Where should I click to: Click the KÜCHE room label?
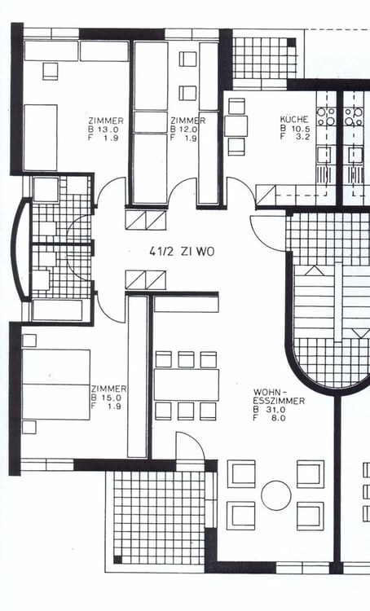coord(293,119)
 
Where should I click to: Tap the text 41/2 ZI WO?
coord(182,252)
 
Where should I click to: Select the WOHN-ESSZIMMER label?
coord(279,396)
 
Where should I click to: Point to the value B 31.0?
coord(269,410)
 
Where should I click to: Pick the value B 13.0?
coord(104,130)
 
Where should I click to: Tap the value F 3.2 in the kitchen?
coord(295,136)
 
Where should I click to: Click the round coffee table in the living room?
coord(276,495)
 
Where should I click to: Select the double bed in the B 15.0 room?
coord(56,385)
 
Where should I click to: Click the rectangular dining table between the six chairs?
coord(187,385)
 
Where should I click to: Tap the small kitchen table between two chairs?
coord(236,125)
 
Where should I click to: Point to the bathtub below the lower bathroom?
coord(57,310)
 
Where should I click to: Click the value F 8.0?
coord(269,418)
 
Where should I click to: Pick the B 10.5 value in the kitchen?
coord(295,128)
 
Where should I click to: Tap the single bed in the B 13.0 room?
coord(40,138)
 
